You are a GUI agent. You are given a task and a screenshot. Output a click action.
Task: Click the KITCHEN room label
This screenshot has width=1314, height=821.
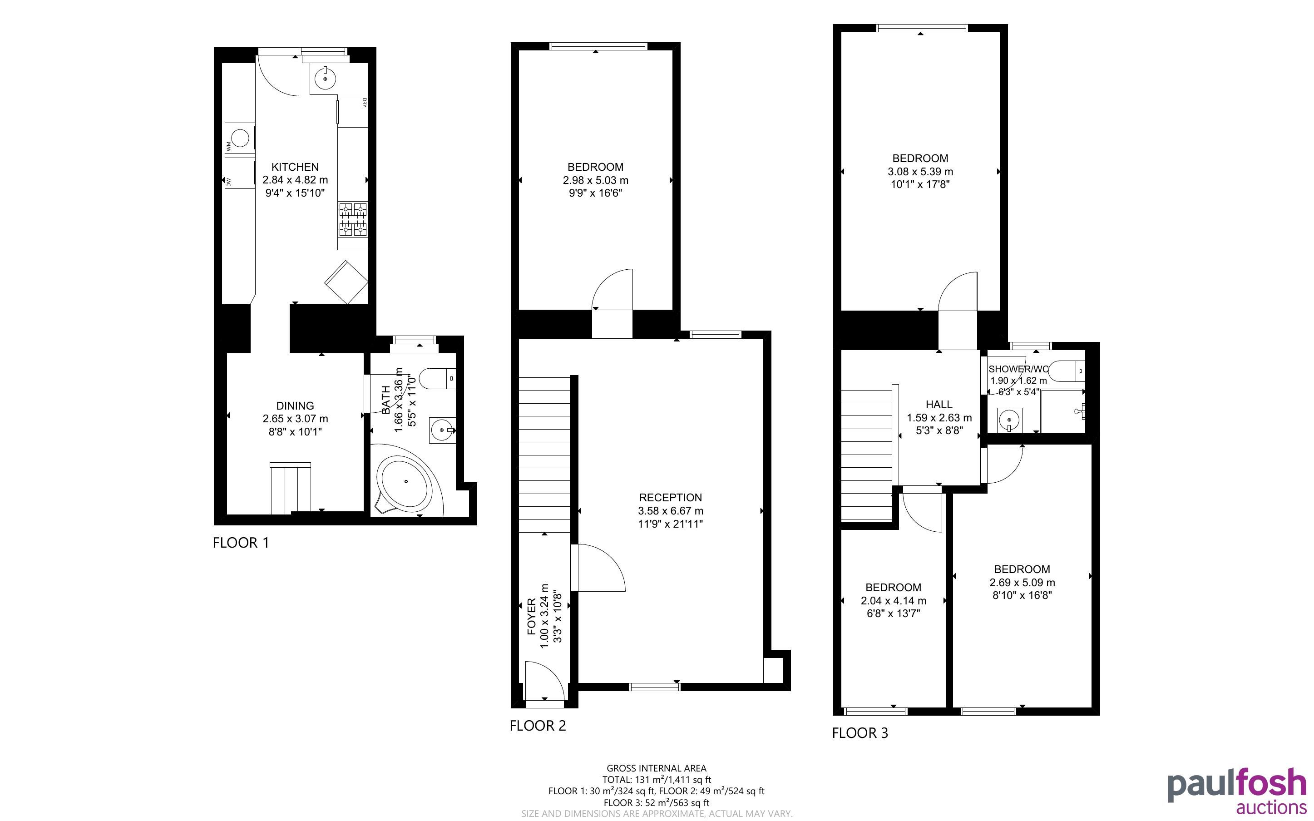pyautogui.click(x=295, y=167)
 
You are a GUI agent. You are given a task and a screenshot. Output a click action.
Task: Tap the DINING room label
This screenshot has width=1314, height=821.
pyautogui.click(x=295, y=406)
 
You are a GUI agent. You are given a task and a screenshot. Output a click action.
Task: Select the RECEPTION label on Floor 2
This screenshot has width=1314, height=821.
pyautogui.click(x=670, y=497)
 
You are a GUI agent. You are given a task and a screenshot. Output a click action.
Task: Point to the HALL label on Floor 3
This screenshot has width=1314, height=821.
pyautogui.click(x=939, y=405)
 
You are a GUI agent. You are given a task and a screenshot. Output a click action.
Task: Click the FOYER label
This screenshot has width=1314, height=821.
pyautogui.click(x=531, y=616)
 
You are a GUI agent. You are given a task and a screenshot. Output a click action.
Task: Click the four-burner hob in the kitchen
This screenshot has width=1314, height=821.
pyautogui.click(x=353, y=219)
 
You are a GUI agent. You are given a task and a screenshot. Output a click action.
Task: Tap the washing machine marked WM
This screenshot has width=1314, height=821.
pyautogui.click(x=239, y=138)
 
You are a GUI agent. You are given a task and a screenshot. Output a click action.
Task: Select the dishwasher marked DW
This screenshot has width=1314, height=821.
pyautogui.click(x=239, y=173)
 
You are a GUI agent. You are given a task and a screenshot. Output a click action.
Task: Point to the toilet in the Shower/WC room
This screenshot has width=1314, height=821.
pyautogui.click(x=1066, y=371)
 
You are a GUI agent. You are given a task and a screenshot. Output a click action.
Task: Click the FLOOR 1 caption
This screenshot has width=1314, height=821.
pyautogui.click(x=241, y=543)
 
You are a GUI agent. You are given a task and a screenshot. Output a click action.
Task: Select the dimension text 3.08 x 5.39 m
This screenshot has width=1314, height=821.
pyautogui.click(x=920, y=172)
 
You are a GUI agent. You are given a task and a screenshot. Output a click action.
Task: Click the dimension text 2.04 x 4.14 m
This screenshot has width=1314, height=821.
pyautogui.click(x=894, y=601)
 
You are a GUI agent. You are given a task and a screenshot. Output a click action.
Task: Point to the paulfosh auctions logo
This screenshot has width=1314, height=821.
pyautogui.click(x=1237, y=791)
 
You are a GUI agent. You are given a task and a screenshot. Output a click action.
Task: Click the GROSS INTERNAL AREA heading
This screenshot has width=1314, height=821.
pyautogui.click(x=656, y=768)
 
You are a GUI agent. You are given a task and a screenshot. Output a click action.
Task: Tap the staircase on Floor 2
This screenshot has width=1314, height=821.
pyautogui.click(x=544, y=455)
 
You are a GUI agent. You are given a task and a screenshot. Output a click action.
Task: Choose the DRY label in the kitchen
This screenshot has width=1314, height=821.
pyautogui.click(x=364, y=102)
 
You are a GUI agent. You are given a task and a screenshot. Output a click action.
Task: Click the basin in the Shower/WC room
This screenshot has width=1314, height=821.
pyautogui.click(x=1009, y=420)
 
